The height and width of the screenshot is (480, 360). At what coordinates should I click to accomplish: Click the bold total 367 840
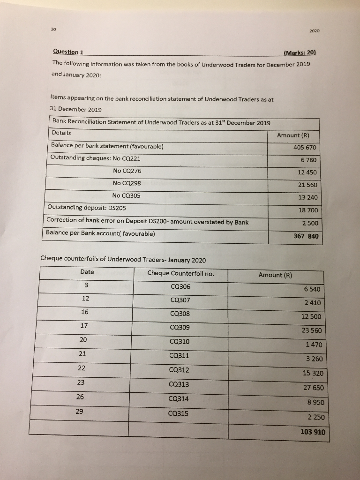(306, 236)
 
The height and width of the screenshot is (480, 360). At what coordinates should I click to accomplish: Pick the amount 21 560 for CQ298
(307, 185)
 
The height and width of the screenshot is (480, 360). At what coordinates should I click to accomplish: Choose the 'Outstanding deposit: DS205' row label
(87, 208)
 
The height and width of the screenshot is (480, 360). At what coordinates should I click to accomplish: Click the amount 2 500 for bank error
(310, 223)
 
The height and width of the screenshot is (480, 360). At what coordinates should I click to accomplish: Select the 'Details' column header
(61, 133)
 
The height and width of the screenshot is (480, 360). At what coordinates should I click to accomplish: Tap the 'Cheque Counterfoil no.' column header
(180, 273)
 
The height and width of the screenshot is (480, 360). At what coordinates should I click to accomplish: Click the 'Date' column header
(87, 272)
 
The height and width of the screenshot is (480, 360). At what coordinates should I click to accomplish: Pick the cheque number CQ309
(181, 327)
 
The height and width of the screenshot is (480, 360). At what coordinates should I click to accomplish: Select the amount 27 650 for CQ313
(310, 388)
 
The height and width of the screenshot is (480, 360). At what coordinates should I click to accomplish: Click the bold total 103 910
(312, 432)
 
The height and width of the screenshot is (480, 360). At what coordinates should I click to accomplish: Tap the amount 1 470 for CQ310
(313, 345)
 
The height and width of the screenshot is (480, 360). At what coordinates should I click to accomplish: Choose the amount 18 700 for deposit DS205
(307, 210)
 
